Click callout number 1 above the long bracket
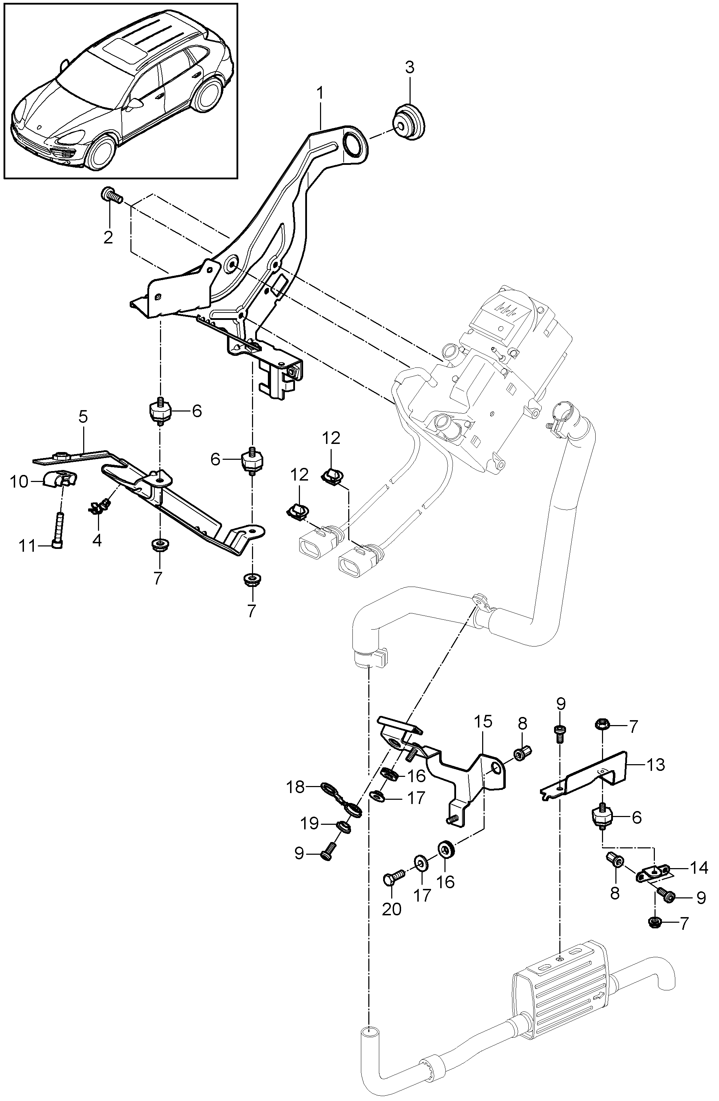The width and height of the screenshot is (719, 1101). coord(320,94)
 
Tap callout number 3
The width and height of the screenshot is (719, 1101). coord(410,68)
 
